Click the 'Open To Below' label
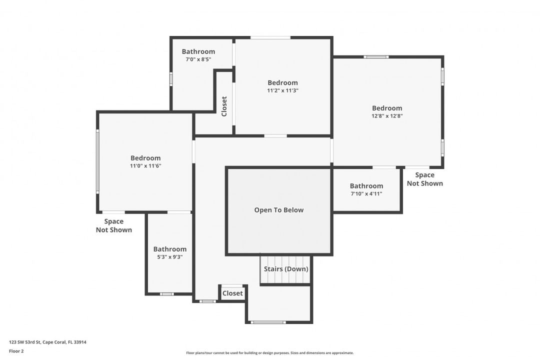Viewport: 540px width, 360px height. [x=279, y=210]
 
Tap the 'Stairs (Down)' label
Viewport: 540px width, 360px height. [x=286, y=268]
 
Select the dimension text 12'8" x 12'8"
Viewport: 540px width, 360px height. [x=387, y=116]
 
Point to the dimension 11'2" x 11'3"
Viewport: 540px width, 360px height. [x=282, y=90]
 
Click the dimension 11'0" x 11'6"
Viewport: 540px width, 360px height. [x=145, y=166]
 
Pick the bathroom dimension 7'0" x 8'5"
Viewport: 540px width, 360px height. [x=198, y=59]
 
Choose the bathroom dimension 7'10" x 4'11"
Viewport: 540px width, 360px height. [x=366, y=193]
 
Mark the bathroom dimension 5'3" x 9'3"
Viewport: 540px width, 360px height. [x=170, y=257]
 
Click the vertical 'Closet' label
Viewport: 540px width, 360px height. [x=224, y=106]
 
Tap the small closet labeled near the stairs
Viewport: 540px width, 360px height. [x=232, y=293]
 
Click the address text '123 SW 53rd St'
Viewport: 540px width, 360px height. [x=25, y=342]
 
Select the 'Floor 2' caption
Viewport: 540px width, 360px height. [x=16, y=351]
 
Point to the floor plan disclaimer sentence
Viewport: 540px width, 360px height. [x=270, y=353]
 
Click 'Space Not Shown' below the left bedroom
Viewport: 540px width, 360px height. [x=114, y=225]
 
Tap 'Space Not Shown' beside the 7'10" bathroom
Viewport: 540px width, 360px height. [x=425, y=179]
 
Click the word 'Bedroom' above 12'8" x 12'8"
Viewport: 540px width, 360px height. [x=387, y=108]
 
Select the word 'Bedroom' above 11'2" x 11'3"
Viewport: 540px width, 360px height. [x=282, y=82]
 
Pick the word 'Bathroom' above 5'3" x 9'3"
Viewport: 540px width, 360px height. [x=170, y=248]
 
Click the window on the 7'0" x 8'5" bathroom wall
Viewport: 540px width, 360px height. [x=171, y=79]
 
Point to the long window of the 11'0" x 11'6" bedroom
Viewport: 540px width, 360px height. [x=97, y=161]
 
